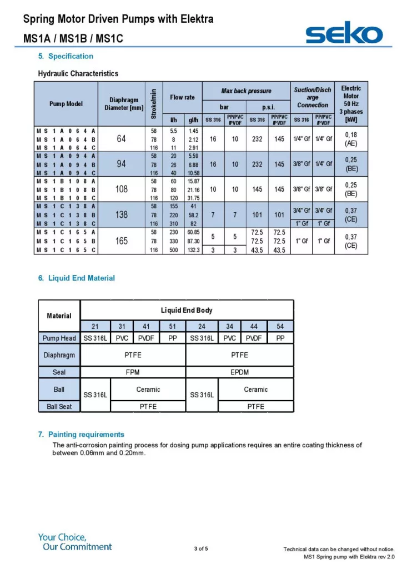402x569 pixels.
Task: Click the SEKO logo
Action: coord(344,34)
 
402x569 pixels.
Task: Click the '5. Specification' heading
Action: coord(66,56)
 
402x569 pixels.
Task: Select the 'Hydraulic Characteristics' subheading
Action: coord(78,73)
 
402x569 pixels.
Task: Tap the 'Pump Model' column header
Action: coord(66,104)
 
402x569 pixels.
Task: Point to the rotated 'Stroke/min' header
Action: coord(153,104)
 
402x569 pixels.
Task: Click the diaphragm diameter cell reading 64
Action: coord(122,139)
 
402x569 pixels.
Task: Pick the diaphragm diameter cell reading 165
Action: coord(122,241)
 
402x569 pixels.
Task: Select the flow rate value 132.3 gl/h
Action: coord(194,250)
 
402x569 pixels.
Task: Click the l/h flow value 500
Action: coord(173,250)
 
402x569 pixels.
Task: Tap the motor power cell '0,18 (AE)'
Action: coord(351,139)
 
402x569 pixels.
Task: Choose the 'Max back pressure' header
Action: coord(246,91)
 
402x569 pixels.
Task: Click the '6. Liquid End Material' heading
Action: coord(77,278)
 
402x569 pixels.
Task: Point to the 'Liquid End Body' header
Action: coord(187,310)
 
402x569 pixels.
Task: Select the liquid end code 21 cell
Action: coord(95,326)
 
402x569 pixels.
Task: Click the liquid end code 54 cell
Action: coord(280,326)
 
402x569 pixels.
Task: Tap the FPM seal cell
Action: coord(133,372)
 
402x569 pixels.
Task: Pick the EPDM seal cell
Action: coord(239,372)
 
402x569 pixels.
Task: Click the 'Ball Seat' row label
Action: coord(59,406)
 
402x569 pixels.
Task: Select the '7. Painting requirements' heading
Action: coord(81,435)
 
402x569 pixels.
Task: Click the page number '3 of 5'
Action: coord(201,549)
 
